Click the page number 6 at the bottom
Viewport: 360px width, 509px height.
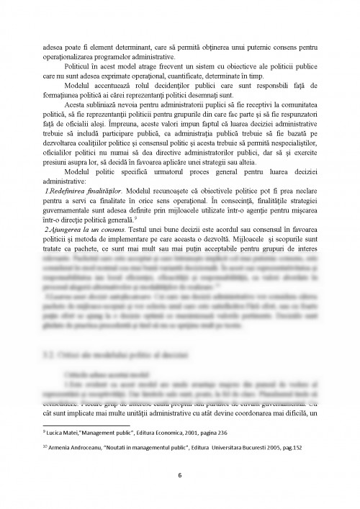(179, 476)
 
